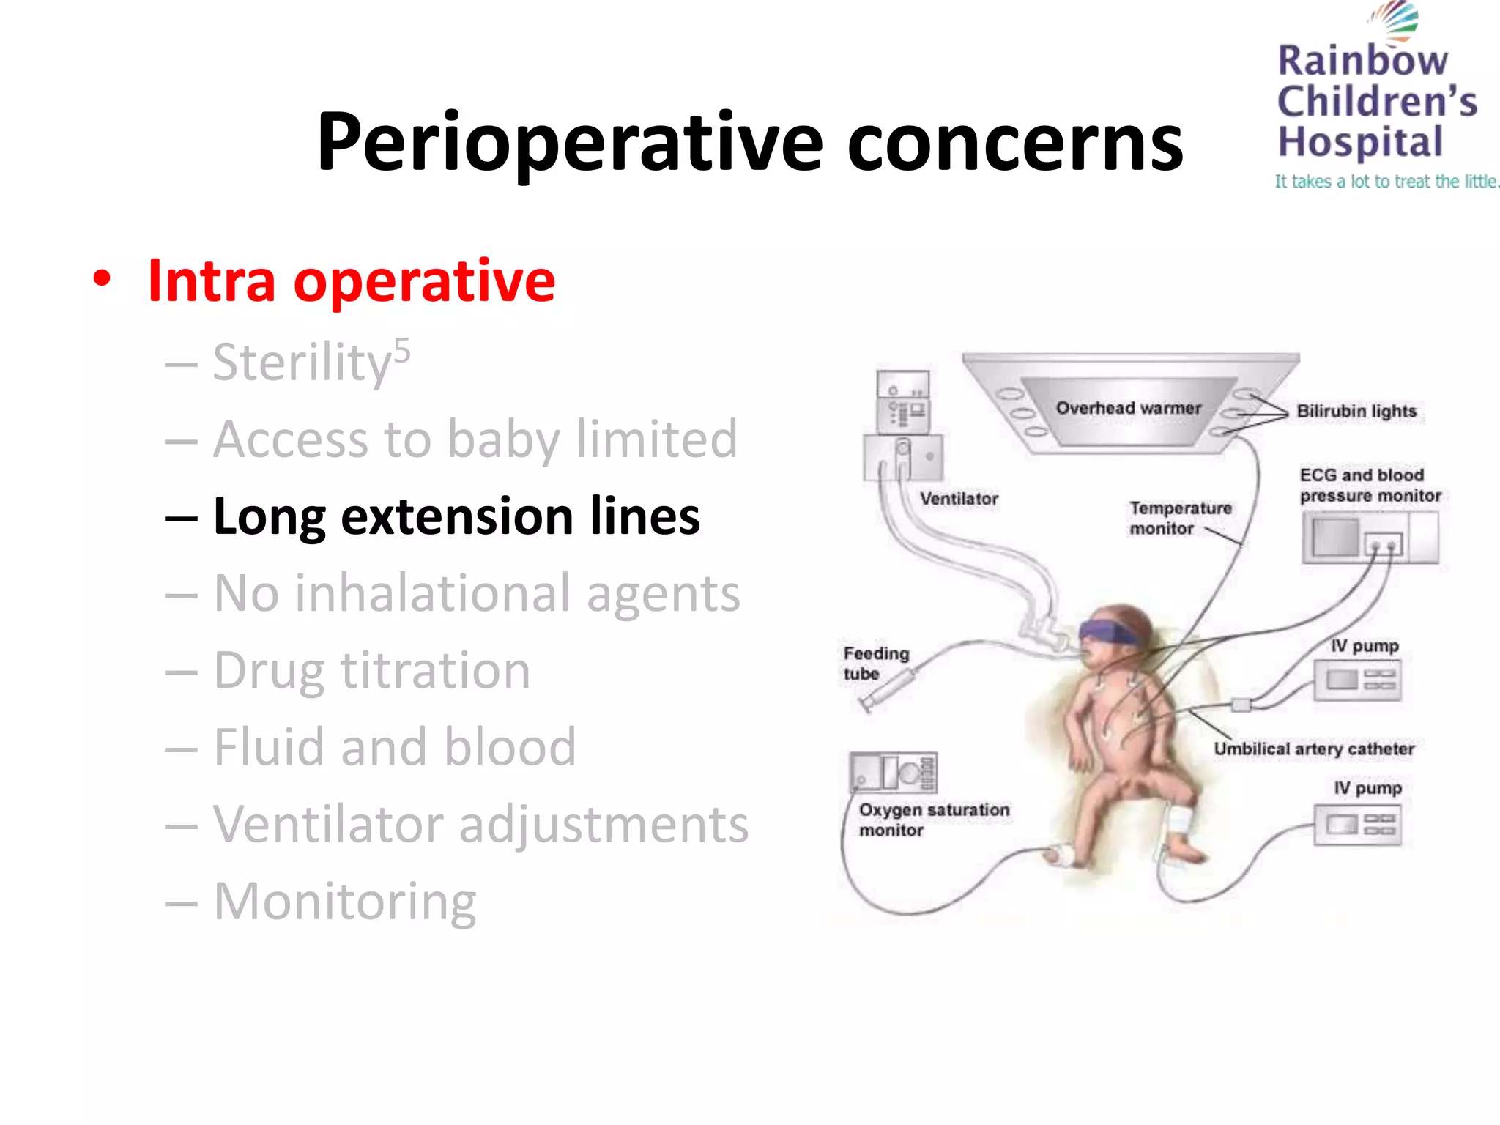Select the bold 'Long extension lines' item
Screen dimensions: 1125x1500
click(456, 516)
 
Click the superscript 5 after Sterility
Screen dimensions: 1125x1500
click(402, 351)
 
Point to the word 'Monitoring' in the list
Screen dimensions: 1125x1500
click(344, 902)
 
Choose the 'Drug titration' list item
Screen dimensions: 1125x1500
click(371, 671)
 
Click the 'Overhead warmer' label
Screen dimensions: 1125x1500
click(1128, 408)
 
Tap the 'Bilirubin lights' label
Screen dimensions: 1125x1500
click(1356, 411)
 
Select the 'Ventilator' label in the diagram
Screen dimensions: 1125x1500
click(959, 499)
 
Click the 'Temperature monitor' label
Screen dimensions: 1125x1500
click(1179, 518)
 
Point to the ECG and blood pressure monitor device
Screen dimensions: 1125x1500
click(1370, 538)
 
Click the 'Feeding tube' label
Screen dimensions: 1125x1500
click(875, 663)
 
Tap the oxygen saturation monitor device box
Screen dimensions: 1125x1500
click(893, 772)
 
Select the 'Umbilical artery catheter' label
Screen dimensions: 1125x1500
click(1314, 749)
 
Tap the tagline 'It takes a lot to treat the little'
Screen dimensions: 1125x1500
click(1386, 182)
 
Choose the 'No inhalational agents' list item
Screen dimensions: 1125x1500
click(476, 593)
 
